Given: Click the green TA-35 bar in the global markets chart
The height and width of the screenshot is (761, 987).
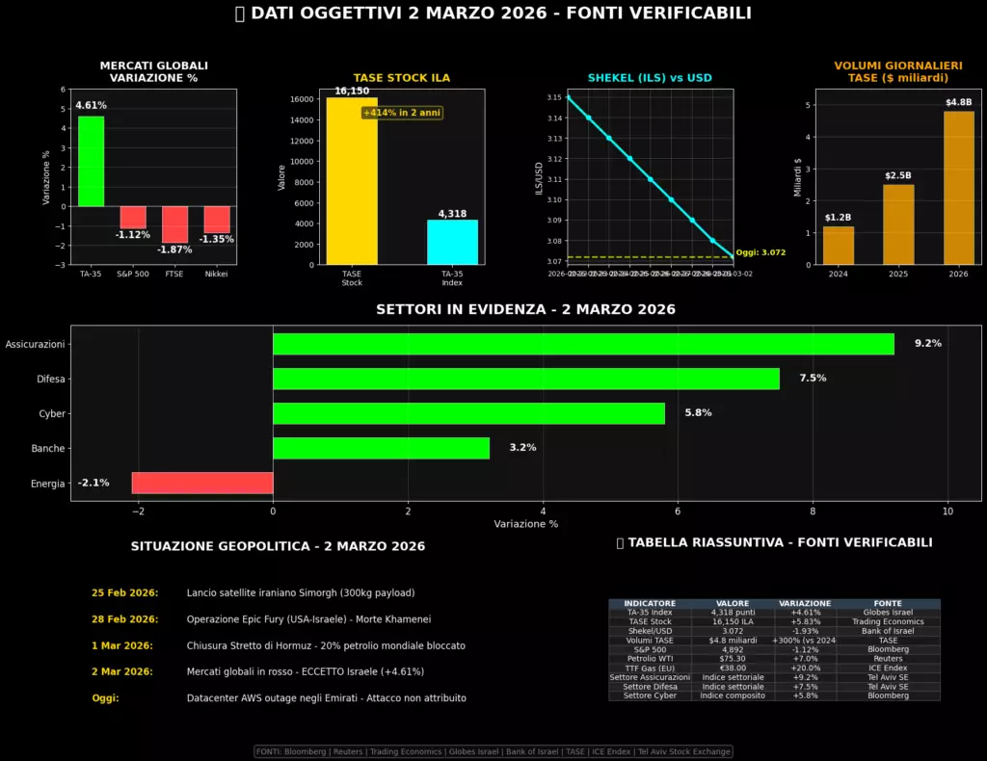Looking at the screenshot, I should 91,161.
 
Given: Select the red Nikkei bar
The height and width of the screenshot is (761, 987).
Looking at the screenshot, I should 217,220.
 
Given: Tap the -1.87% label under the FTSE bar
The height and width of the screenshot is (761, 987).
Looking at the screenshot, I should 174,249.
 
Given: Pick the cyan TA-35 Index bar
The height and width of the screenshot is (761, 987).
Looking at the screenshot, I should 452,242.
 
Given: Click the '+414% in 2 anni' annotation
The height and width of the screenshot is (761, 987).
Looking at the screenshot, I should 402,113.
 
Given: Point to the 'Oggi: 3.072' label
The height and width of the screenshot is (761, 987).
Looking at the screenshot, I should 760,252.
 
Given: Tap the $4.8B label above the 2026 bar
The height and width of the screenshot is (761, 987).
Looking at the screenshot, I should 958,102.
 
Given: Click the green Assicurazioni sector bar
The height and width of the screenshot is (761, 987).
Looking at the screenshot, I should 583,344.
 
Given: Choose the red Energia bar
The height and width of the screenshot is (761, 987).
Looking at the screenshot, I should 202,483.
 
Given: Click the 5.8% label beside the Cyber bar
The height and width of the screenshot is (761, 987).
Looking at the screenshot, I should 698,413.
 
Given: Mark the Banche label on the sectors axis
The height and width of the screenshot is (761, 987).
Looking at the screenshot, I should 48,448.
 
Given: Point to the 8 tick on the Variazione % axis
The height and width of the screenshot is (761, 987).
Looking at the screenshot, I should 814,510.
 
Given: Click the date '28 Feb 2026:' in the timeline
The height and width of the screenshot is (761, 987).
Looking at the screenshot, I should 124,619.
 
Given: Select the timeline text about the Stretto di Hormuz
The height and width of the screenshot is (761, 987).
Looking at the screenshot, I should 326,645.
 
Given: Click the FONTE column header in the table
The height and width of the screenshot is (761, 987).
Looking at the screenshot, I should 888,603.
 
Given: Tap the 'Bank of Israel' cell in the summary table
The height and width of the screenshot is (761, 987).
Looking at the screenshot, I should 888,631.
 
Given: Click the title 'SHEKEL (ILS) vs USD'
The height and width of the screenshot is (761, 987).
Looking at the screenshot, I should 650,78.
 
